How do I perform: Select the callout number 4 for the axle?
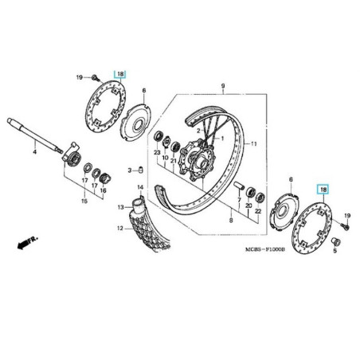[34, 151]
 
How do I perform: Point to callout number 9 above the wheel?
[224, 84]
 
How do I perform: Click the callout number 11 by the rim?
[254, 144]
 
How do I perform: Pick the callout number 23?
[157, 152]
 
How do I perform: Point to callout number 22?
[258, 220]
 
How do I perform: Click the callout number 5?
[335, 250]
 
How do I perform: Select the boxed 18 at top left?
[120, 74]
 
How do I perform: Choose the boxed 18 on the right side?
[323, 190]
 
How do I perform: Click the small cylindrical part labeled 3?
[139, 169]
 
